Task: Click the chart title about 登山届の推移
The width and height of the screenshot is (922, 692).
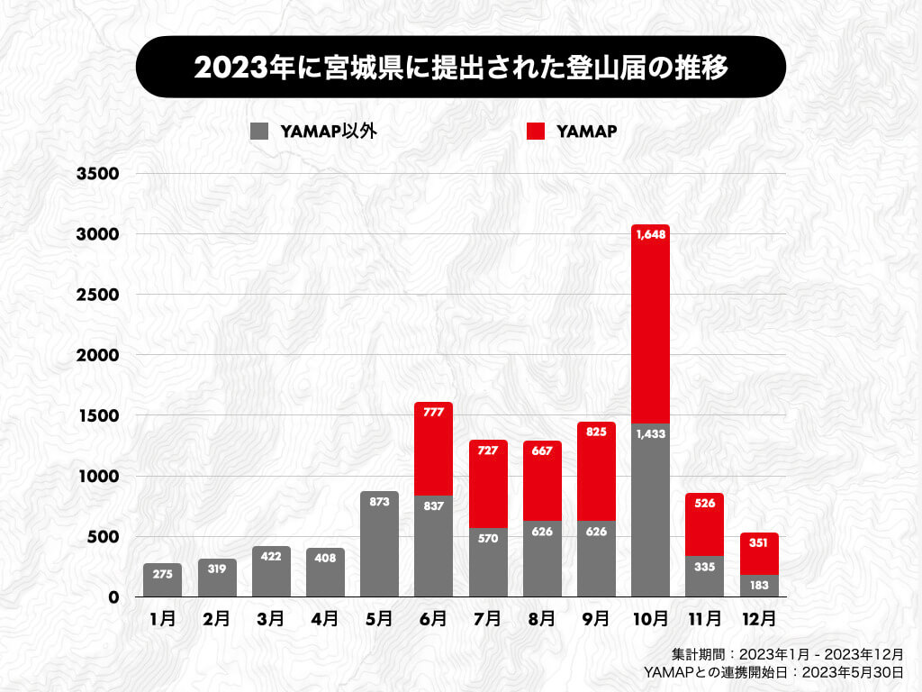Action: (460, 67)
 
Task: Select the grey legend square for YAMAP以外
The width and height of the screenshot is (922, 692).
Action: (259, 132)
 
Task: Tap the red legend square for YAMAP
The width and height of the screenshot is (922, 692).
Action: (536, 132)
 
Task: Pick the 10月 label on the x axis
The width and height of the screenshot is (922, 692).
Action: (650, 619)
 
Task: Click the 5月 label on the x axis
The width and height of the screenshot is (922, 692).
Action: (379, 619)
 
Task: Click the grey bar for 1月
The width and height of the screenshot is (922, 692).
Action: (162, 581)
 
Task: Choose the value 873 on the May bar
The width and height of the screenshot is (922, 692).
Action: (379, 502)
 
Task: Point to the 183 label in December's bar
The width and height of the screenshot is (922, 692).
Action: (758, 586)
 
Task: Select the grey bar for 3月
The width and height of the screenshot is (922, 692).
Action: (271, 577)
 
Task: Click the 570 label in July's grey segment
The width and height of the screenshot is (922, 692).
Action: (488, 539)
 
